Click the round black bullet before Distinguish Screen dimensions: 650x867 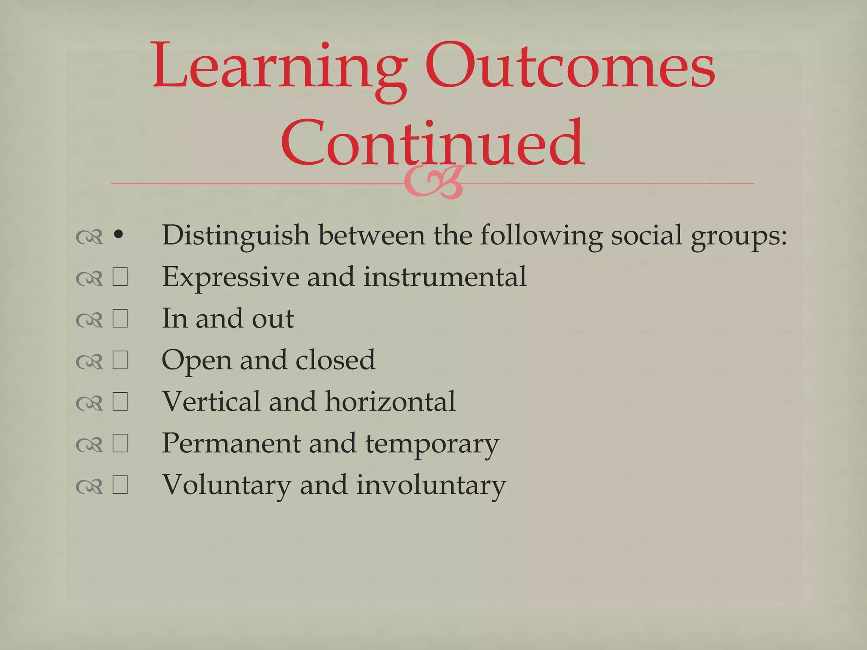click(x=119, y=235)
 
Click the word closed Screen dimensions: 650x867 click(x=335, y=360)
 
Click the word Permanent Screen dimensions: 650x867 click(x=230, y=443)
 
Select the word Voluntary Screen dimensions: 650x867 click(x=226, y=485)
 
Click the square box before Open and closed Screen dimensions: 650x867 click(x=120, y=361)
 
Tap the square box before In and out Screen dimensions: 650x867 click(x=120, y=319)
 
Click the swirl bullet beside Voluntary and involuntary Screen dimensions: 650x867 click(x=89, y=487)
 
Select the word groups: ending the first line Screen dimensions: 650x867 click(x=738, y=236)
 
